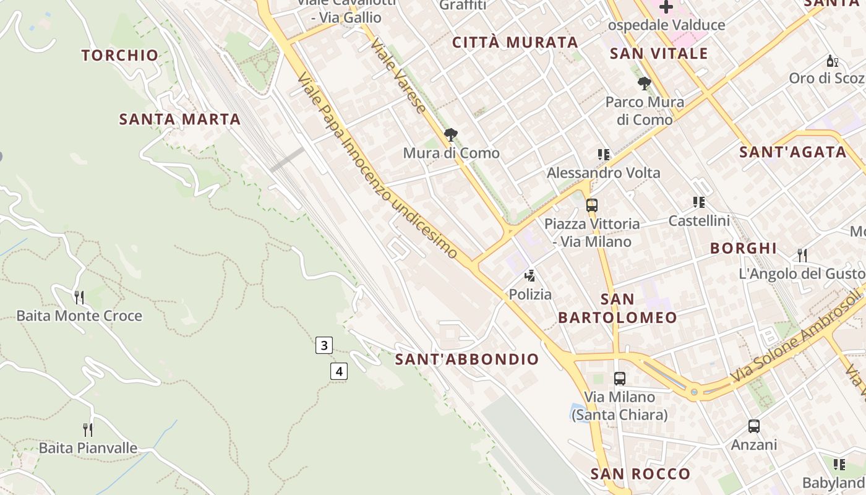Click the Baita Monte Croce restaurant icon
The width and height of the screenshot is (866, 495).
[x=79, y=298]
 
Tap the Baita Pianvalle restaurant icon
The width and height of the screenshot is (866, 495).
[x=88, y=429]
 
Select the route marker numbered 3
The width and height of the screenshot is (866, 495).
[x=324, y=345]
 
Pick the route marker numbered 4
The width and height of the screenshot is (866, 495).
[x=338, y=371]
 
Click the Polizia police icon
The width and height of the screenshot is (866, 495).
[x=529, y=275]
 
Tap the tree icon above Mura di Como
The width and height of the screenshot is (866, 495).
[x=451, y=134]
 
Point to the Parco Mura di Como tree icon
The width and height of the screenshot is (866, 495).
[x=645, y=84]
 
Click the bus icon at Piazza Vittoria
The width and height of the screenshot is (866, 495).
[x=592, y=205]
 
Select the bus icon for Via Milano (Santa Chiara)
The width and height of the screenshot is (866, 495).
[x=620, y=378]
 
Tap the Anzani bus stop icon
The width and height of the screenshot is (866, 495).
[x=753, y=426]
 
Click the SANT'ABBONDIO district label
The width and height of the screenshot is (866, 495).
[x=467, y=359]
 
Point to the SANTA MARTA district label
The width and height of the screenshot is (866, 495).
[x=179, y=119]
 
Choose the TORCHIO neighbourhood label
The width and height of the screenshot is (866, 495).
[x=120, y=55]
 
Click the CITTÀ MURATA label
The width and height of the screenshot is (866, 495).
[x=515, y=43]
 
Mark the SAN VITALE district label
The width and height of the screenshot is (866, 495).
[x=659, y=54]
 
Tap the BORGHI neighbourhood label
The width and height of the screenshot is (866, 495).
[x=743, y=248]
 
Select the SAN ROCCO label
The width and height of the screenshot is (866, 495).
[x=640, y=474]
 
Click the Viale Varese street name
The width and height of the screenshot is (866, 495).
[x=399, y=77]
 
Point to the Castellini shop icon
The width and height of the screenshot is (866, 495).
[x=699, y=202]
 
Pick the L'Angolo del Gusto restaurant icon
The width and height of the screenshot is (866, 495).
[x=802, y=255]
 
